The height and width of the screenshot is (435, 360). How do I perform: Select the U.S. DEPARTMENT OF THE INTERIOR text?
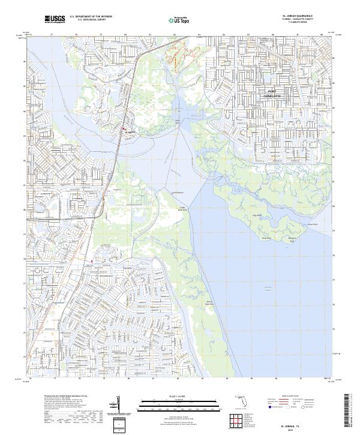point(91,17)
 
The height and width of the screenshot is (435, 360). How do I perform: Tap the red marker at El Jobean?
point(124,129)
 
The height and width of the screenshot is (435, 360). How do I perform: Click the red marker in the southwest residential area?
point(91,262)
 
